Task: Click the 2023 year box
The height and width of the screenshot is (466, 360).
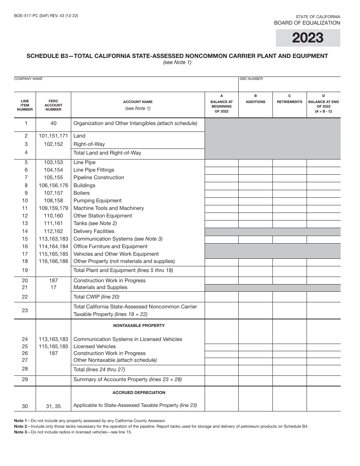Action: pyautogui.click(x=308, y=38)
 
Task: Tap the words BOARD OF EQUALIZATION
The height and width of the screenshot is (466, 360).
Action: pyautogui.click(x=307, y=23)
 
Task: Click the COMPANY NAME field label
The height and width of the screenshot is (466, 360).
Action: pyautogui.click(x=28, y=79)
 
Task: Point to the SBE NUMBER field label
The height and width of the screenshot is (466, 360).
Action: pyautogui.click(x=251, y=79)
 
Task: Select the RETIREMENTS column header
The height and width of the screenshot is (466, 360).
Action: pyautogui.click(x=290, y=102)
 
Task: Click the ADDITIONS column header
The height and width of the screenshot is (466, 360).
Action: pyautogui.click(x=255, y=102)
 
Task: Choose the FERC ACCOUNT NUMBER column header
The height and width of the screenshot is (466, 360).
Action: pyautogui.click(x=53, y=105)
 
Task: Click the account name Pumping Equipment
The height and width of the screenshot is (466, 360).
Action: pyautogui.click(x=97, y=200)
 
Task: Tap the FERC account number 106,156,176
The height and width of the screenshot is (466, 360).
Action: pyautogui.click(x=53, y=185)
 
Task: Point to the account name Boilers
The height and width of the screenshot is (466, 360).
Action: pyautogui.click(x=81, y=193)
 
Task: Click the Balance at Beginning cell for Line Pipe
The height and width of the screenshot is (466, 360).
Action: pyautogui.click(x=222, y=163)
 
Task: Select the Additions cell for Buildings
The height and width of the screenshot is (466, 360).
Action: pyautogui.click(x=255, y=185)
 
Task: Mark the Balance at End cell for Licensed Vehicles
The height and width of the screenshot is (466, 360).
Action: pyautogui.click(x=323, y=347)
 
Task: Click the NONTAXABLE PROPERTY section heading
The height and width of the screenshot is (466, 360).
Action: pyautogui.click(x=139, y=325)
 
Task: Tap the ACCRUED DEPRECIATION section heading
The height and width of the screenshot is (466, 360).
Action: pyautogui.click(x=139, y=393)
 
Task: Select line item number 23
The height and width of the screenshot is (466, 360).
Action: pyautogui.click(x=25, y=310)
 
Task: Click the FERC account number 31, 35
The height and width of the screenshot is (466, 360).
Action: pyautogui.click(x=53, y=406)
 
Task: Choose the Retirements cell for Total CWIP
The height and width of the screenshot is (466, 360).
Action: pyautogui.click(x=290, y=297)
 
